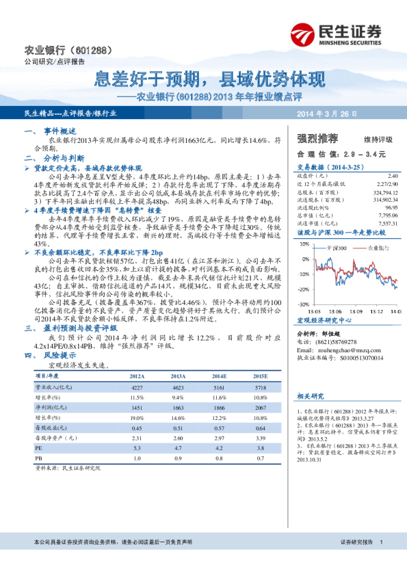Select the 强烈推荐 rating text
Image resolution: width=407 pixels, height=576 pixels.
[x=314, y=137]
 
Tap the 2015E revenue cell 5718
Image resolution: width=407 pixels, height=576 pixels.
[x=260, y=387]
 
